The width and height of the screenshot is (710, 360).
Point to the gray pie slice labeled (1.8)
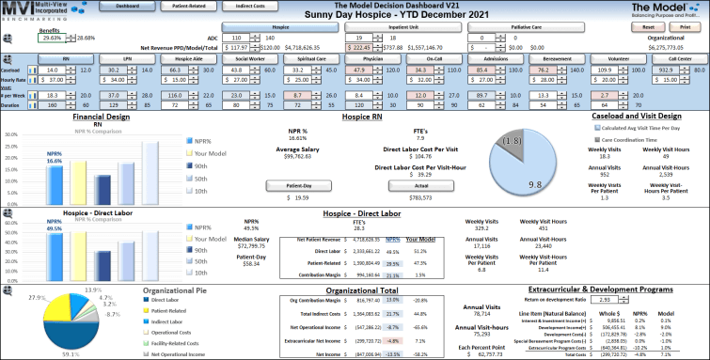point(511,140)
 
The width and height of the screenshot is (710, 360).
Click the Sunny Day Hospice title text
point(355,16)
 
